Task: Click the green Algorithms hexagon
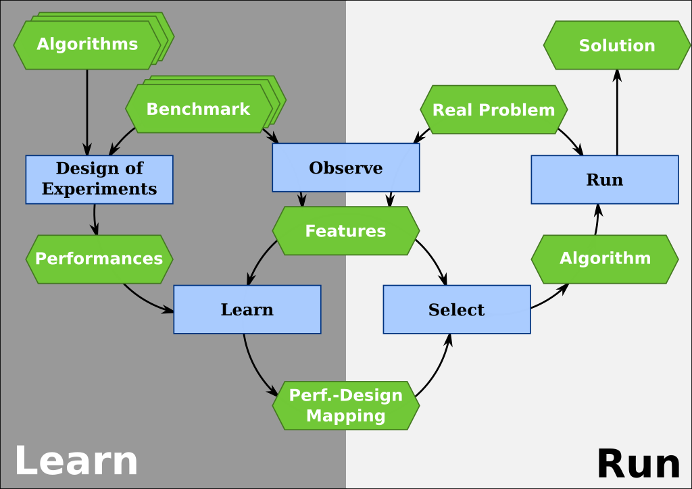point(87,45)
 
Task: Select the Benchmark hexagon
point(198,109)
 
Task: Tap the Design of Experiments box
point(99,179)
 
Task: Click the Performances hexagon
point(99,259)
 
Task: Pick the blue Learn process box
point(247,309)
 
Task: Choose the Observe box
point(345,168)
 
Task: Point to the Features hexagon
point(345,231)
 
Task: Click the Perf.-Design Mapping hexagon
point(345,405)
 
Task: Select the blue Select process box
point(456,309)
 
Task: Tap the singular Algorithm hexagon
point(605,259)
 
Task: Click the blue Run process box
point(605,180)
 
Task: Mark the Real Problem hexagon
point(493,109)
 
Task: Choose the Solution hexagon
point(616,45)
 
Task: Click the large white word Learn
point(76,461)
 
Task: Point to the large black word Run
point(638,465)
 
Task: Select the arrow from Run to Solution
point(617,111)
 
